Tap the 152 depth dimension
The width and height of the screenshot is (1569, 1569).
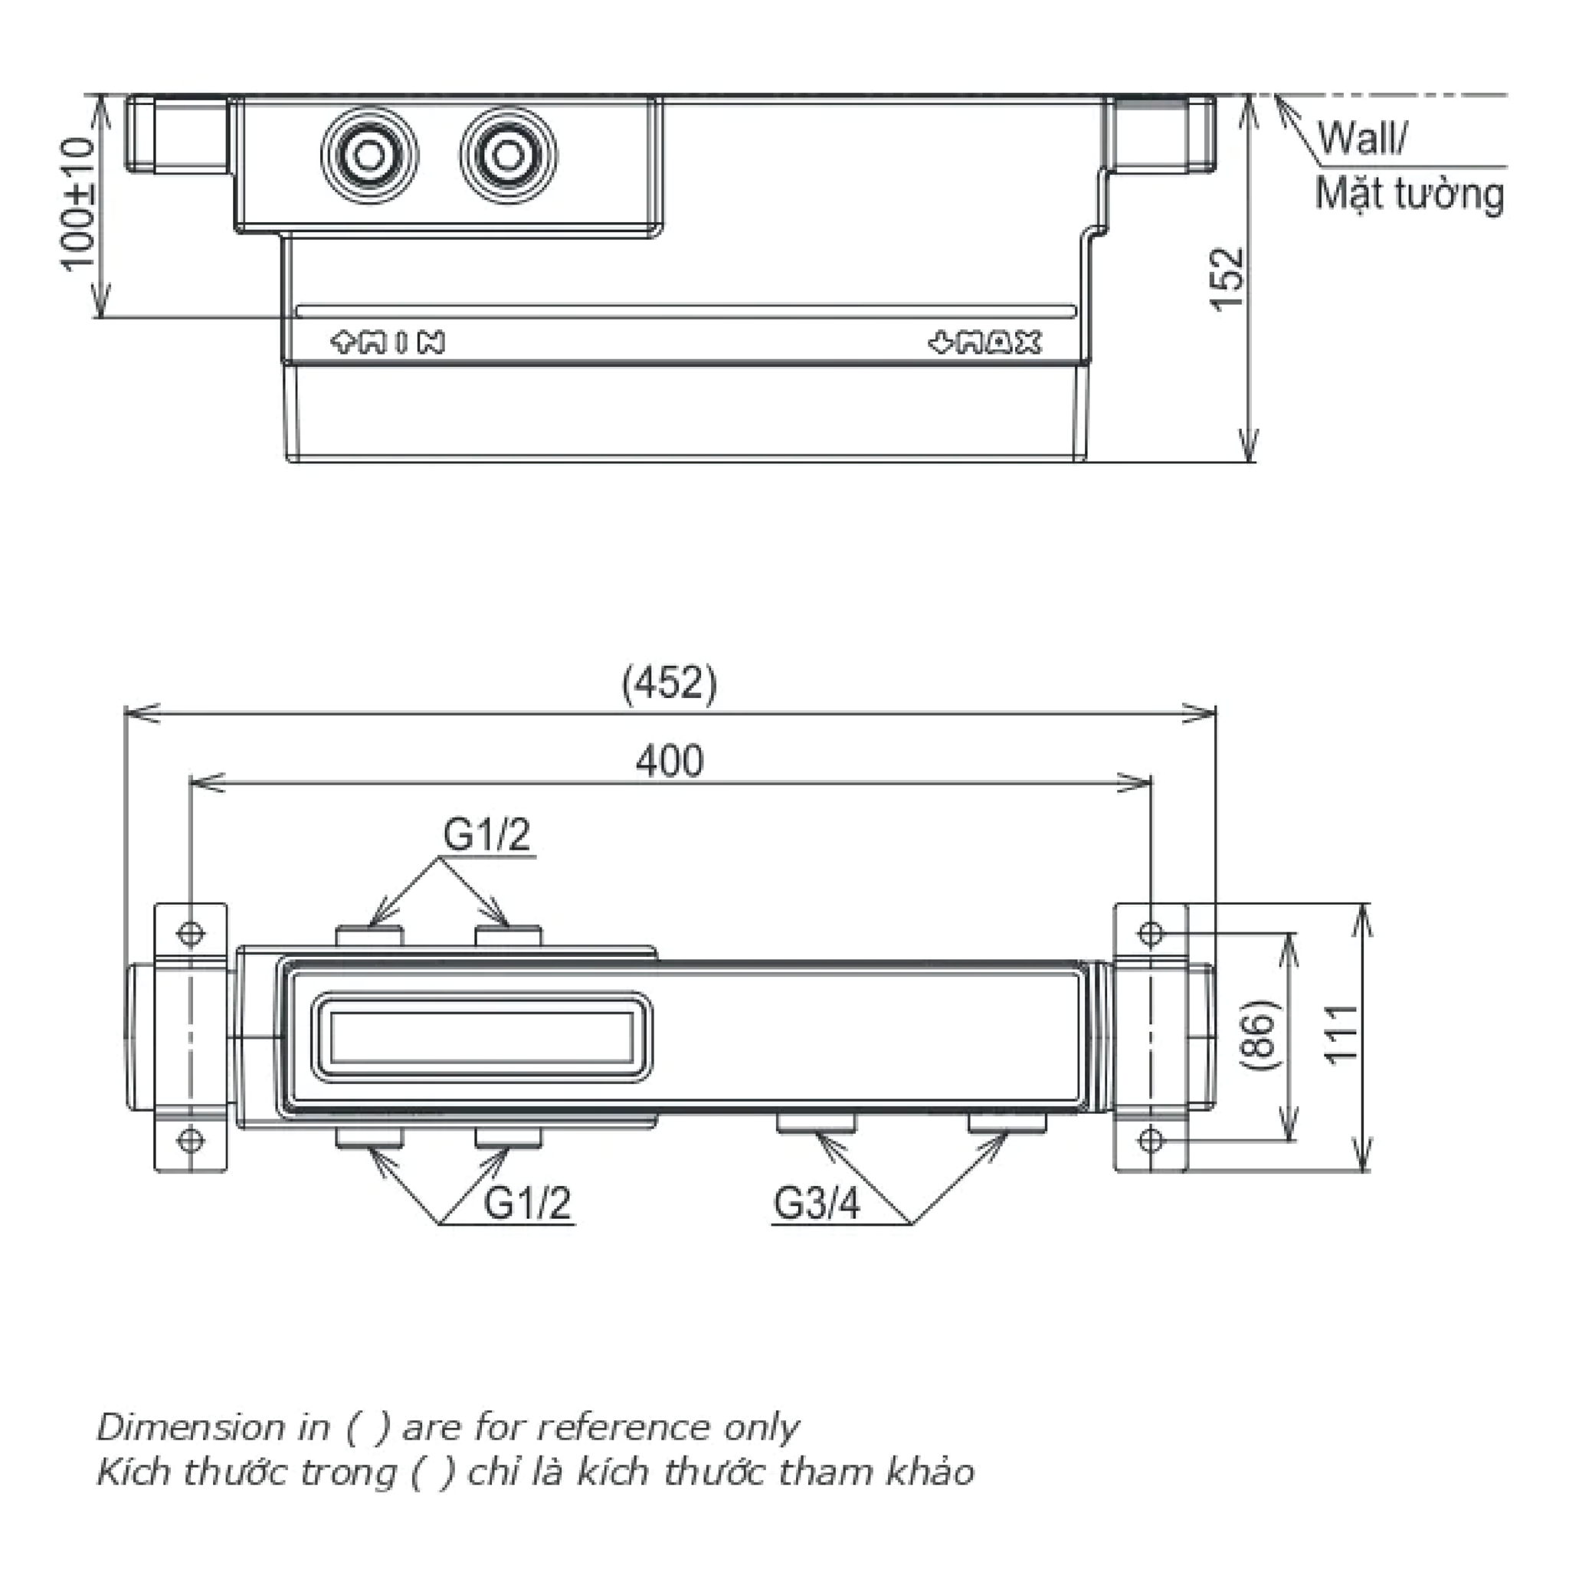(x=1227, y=279)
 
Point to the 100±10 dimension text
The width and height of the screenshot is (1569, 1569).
(x=78, y=203)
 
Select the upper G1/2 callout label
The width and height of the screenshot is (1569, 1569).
(x=486, y=834)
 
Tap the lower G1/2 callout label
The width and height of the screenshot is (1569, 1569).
(x=527, y=1203)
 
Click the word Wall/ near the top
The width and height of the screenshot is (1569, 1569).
(x=1361, y=138)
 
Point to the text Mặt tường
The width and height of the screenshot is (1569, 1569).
(x=1409, y=194)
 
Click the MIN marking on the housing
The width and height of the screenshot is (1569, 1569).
(x=388, y=342)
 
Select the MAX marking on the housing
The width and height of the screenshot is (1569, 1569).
(x=984, y=343)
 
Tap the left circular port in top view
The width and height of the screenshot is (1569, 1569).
(x=369, y=154)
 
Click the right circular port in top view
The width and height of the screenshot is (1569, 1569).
(x=509, y=154)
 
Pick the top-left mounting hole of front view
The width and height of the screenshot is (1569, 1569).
(x=191, y=932)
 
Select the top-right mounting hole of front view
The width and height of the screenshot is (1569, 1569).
(x=1150, y=932)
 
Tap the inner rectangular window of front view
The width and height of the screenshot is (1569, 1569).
(x=482, y=1038)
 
